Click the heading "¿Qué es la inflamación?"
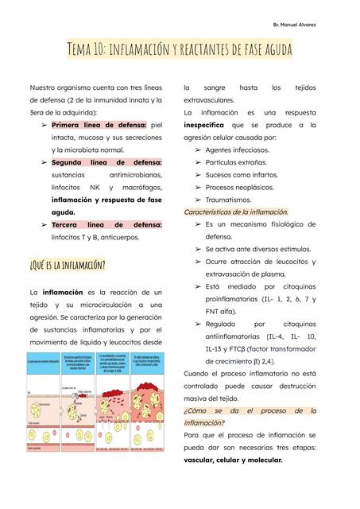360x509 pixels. (x=68, y=263)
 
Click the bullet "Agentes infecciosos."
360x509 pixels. (x=238, y=150)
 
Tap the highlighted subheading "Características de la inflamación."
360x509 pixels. (x=236, y=212)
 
